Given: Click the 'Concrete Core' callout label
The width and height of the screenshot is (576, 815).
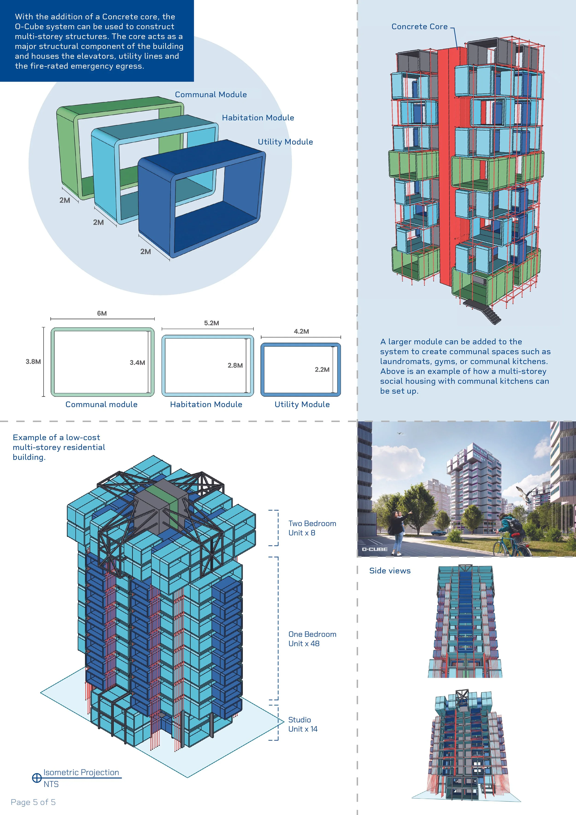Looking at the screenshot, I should click(419, 27).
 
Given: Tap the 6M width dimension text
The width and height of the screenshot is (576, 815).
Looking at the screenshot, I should click(102, 313).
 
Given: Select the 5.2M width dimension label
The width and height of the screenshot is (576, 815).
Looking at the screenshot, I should click(211, 323).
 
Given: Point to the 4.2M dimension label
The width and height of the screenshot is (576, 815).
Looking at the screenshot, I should click(301, 331).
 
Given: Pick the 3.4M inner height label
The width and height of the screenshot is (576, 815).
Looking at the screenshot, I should click(137, 362).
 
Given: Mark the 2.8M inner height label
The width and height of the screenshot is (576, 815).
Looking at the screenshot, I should click(235, 365).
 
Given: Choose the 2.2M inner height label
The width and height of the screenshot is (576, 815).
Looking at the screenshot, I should click(322, 370).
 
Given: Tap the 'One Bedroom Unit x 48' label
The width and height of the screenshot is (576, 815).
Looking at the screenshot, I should click(312, 639).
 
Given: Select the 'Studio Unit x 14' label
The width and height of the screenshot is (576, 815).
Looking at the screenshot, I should click(303, 724).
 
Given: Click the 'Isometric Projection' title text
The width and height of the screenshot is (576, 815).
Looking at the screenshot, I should click(81, 772).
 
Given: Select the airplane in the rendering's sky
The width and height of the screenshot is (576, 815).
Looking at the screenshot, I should click(400, 433).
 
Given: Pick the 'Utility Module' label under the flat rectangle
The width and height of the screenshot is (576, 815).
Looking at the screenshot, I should click(302, 404).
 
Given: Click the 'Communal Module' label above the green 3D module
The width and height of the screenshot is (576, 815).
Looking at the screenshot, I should click(211, 95).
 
